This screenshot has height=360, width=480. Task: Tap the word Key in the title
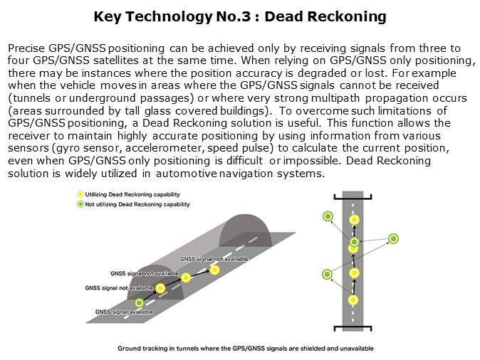click(107, 16)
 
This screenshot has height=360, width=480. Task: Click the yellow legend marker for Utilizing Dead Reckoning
click(80, 194)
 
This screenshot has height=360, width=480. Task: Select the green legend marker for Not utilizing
click(80, 204)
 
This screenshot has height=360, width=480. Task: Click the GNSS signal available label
click(124, 312)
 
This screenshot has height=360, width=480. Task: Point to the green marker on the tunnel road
click(140, 303)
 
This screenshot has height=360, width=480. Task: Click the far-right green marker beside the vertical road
click(393, 238)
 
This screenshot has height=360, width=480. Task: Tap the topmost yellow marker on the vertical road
click(354, 220)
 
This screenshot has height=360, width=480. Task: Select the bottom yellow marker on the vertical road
click(353, 300)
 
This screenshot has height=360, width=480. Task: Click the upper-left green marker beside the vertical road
click(328, 216)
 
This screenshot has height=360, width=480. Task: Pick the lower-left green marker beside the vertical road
click(328, 274)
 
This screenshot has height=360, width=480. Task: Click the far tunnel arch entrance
click(245, 230)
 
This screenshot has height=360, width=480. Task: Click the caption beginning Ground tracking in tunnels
click(246, 348)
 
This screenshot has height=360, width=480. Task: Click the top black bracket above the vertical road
click(353, 196)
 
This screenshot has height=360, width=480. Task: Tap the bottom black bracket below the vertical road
click(353, 328)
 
